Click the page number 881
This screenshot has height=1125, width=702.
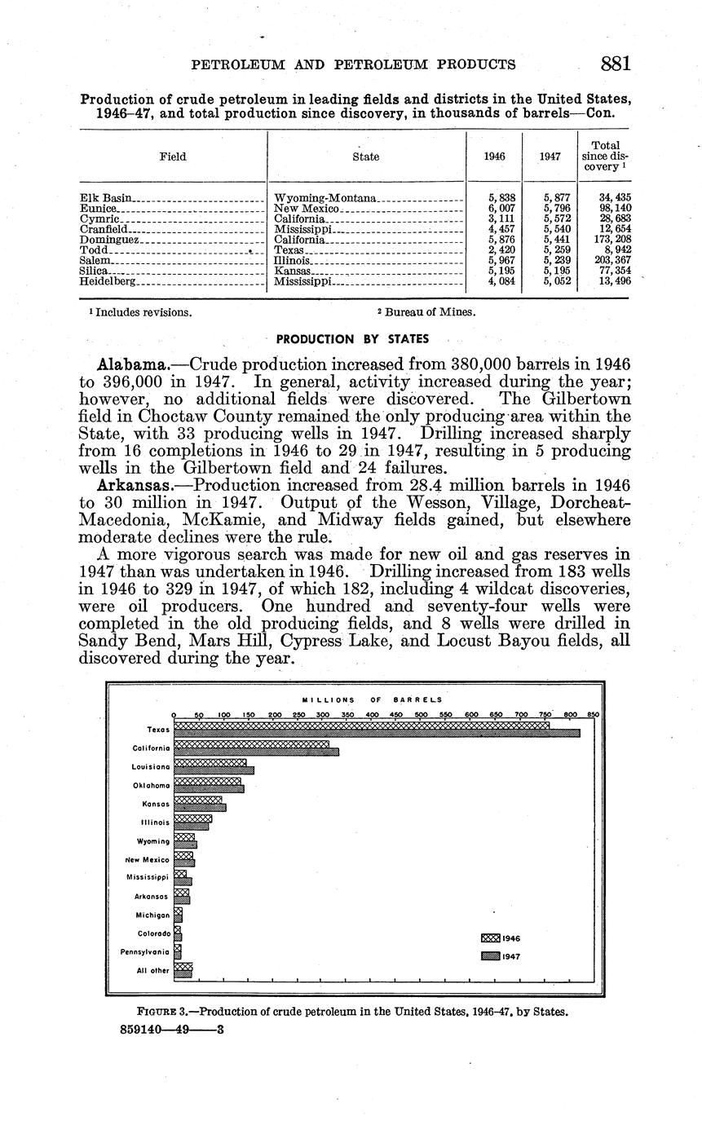click(615, 64)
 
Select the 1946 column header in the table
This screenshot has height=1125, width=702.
click(493, 157)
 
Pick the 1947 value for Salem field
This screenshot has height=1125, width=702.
click(551, 261)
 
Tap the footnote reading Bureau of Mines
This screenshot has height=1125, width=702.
click(427, 312)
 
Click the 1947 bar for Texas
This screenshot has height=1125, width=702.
click(377, 733)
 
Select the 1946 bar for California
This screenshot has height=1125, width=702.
click(251, 743)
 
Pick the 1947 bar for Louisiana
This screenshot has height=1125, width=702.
click(214, 770)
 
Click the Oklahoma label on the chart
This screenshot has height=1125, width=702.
click(151, 785)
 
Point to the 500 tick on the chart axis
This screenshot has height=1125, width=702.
click(422, 715)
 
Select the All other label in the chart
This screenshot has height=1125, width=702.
click(153, 970)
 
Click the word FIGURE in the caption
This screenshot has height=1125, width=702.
click(156, 1012)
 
